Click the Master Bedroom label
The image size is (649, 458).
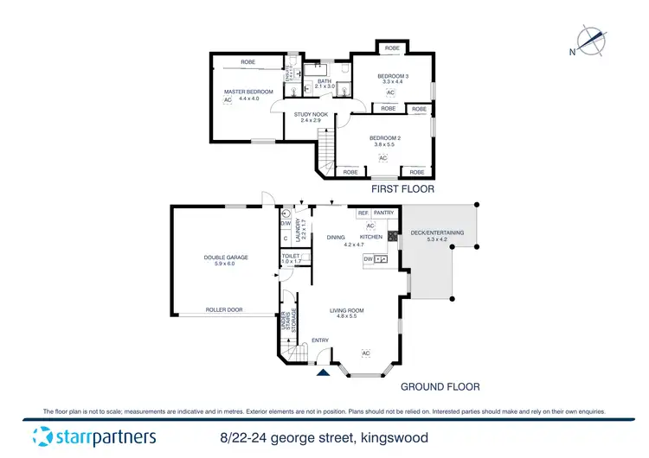point(248,92)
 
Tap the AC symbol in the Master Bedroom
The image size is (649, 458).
point(228,101)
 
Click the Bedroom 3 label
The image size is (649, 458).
point(391,76)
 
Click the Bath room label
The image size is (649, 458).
point(324,80)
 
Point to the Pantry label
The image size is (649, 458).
point(385,213)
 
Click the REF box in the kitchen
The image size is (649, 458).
point(363,213)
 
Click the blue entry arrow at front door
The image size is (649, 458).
point(324,372)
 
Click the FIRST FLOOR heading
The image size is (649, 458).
point(402,188)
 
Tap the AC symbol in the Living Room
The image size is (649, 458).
point(365,353)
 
